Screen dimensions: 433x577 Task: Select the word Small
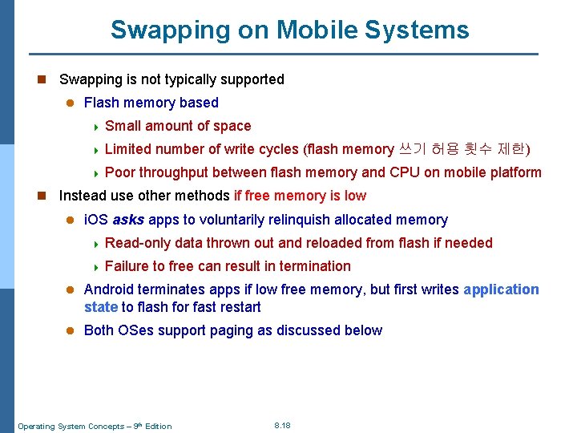pos(122,126)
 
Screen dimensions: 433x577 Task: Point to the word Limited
pos(128,149)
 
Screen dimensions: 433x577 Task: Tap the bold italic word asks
pos(128,220)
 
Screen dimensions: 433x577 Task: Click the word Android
pos(109,289)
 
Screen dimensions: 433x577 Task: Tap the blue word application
pos(501,289)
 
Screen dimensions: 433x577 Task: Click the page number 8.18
pos(282,425)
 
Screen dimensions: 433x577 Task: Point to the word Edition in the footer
pos(157,426)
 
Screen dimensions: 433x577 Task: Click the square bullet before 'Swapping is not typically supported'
pos(42,79)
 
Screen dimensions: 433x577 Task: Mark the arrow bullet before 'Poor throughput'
pos(95,172)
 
